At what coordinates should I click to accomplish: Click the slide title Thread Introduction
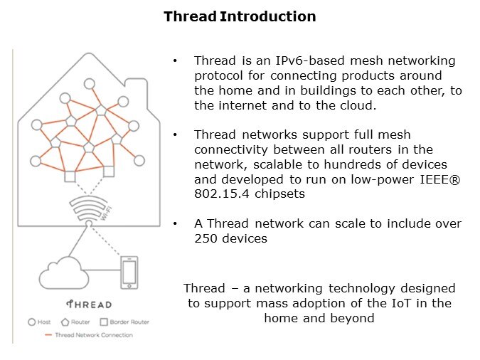click(240, 16)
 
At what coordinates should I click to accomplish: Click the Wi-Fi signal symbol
click(88, 209)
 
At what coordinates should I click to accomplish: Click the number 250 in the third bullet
click(206, 238)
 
